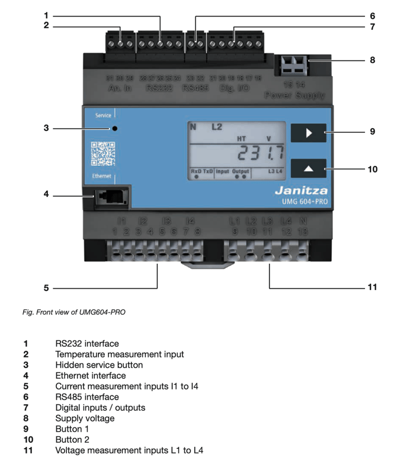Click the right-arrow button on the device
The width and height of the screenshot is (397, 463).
click(x=308, y=133)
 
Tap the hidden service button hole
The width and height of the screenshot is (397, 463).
click(x=114, y=127)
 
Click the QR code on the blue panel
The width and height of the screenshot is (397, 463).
click(x=103, y=154)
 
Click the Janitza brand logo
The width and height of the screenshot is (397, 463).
click(x=301, y=191)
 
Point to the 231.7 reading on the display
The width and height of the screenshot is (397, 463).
click(x=260, y=155)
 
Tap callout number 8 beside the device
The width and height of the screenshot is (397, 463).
click(x=372, y=60)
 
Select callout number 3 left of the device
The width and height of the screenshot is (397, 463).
click(x=46, y=127)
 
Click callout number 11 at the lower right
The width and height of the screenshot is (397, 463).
click(x=372, y=288)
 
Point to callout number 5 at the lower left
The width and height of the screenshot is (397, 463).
click(x=46, y=288)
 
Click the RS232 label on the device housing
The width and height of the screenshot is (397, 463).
click(x=160, y=88)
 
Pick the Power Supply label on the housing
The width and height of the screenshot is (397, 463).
click(x=295, y=95)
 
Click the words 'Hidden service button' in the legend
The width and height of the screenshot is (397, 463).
click(x=99, y=365)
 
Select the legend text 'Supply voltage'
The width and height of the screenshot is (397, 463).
click(x=85, y=418)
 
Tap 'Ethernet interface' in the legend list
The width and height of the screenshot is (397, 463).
click(x=91, y=375)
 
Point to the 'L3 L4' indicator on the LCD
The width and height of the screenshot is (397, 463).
click(x=276, y=171)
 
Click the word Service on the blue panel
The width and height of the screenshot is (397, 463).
click(x=103, y=115)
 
